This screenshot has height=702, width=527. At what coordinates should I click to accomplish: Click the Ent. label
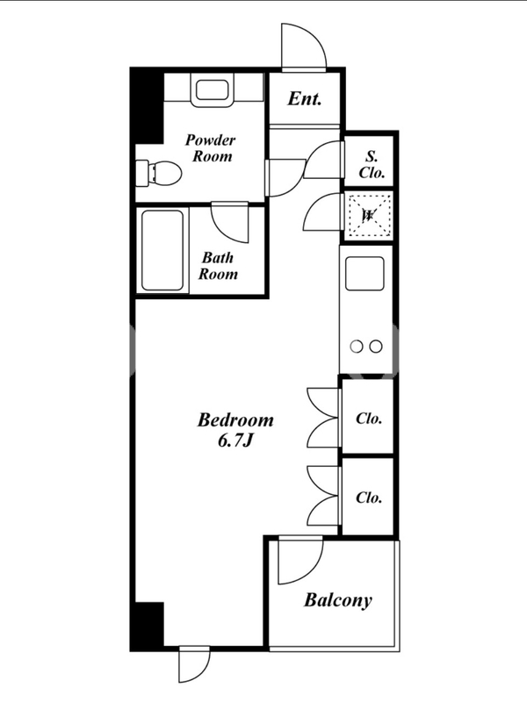(x=304, y=98)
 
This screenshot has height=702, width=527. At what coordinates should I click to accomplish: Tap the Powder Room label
(x=211, y=147)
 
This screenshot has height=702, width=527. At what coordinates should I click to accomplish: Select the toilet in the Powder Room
(x=159, y=173)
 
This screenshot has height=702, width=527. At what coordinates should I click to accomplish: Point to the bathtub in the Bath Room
(x=162, y=250)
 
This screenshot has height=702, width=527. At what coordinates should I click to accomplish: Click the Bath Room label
(x=218, y=266)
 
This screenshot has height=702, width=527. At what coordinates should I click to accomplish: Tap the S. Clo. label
(x=372, y=164)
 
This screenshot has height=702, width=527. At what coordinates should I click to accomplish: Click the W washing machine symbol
(x=368, y=215)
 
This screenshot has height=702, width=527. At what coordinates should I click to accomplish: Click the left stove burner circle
(x=357, y=346)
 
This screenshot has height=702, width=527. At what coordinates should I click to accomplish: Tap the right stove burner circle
(x=377, y=346)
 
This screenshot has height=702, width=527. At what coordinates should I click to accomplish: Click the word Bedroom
(x=235, y=420)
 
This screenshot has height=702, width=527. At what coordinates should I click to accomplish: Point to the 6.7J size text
(x=235, y=441)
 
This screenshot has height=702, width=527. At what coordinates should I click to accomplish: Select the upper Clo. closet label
(x=369, y=419)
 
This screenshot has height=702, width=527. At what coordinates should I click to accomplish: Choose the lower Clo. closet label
(x=369, y=497)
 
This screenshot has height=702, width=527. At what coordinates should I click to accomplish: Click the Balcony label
(x=338, y=600)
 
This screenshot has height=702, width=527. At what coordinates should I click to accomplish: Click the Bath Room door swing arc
(x=229, y=223)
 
